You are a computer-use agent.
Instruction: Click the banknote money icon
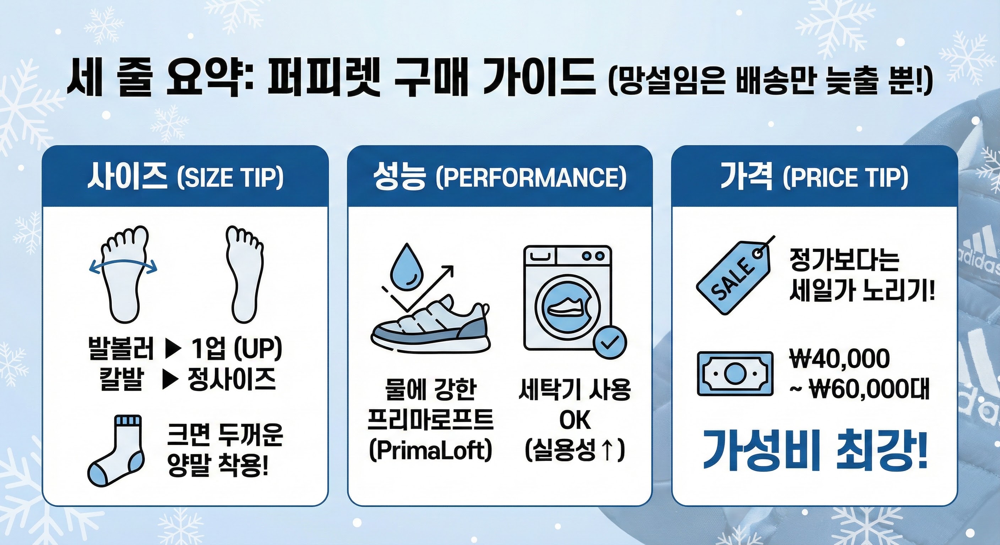pos(735,374)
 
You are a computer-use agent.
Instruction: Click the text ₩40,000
pos(840,358)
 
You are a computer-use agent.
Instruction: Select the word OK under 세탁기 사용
pos(575,420)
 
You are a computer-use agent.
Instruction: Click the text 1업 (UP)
pos(237,348)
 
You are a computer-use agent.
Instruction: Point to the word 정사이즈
pos(232,379)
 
